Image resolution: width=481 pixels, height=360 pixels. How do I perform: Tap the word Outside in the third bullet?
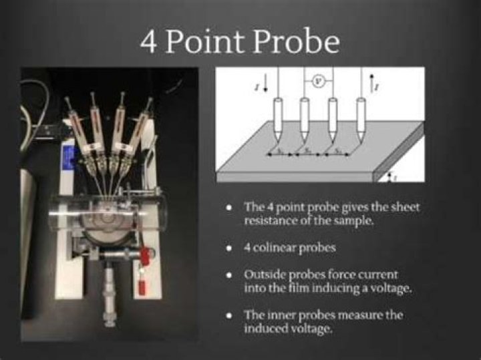coord(265,274)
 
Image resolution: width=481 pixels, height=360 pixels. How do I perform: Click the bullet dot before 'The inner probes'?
coord(229,315)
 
